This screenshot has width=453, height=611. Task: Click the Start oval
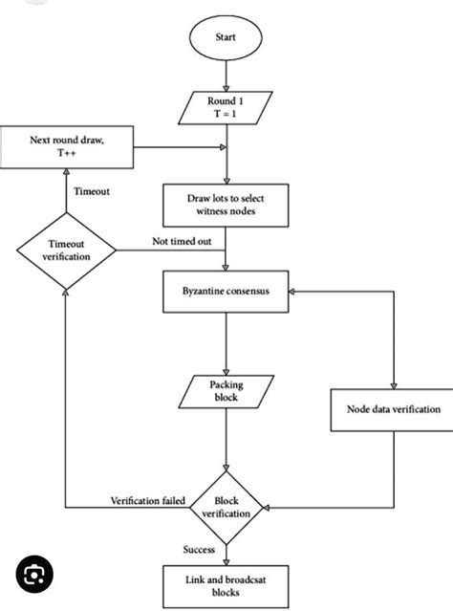226,37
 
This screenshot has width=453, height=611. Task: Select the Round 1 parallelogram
226,107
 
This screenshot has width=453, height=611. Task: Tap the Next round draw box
67,147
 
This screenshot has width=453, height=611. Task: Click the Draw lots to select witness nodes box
226,205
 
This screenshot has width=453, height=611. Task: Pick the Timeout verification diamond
66,251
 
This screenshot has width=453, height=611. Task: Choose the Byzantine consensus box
226,292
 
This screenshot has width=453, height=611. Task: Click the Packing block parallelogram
226,392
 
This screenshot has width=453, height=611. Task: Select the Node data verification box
392,409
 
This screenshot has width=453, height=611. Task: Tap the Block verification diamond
226,508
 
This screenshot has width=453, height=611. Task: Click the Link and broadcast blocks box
226,586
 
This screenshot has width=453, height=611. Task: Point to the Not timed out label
182,242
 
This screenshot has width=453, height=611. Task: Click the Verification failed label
148,501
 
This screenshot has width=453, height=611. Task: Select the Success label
199,550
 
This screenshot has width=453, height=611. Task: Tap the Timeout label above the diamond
92,191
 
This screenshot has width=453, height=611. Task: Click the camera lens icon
34,575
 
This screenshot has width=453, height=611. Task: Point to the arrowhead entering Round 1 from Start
226,89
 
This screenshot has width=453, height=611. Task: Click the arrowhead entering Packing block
226,372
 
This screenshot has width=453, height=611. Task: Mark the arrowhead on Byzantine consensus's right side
291,292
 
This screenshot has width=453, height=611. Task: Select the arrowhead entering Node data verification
394,385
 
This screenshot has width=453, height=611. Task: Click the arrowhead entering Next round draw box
67,172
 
